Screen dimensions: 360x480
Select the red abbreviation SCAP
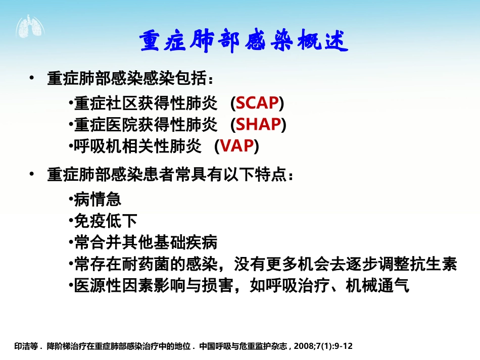click(x=258, y=103)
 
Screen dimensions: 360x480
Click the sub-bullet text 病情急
click(x=98, y=199)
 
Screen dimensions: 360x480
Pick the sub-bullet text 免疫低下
click(x=106, y=221)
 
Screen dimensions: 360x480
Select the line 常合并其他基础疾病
click(x=146, y=242)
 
